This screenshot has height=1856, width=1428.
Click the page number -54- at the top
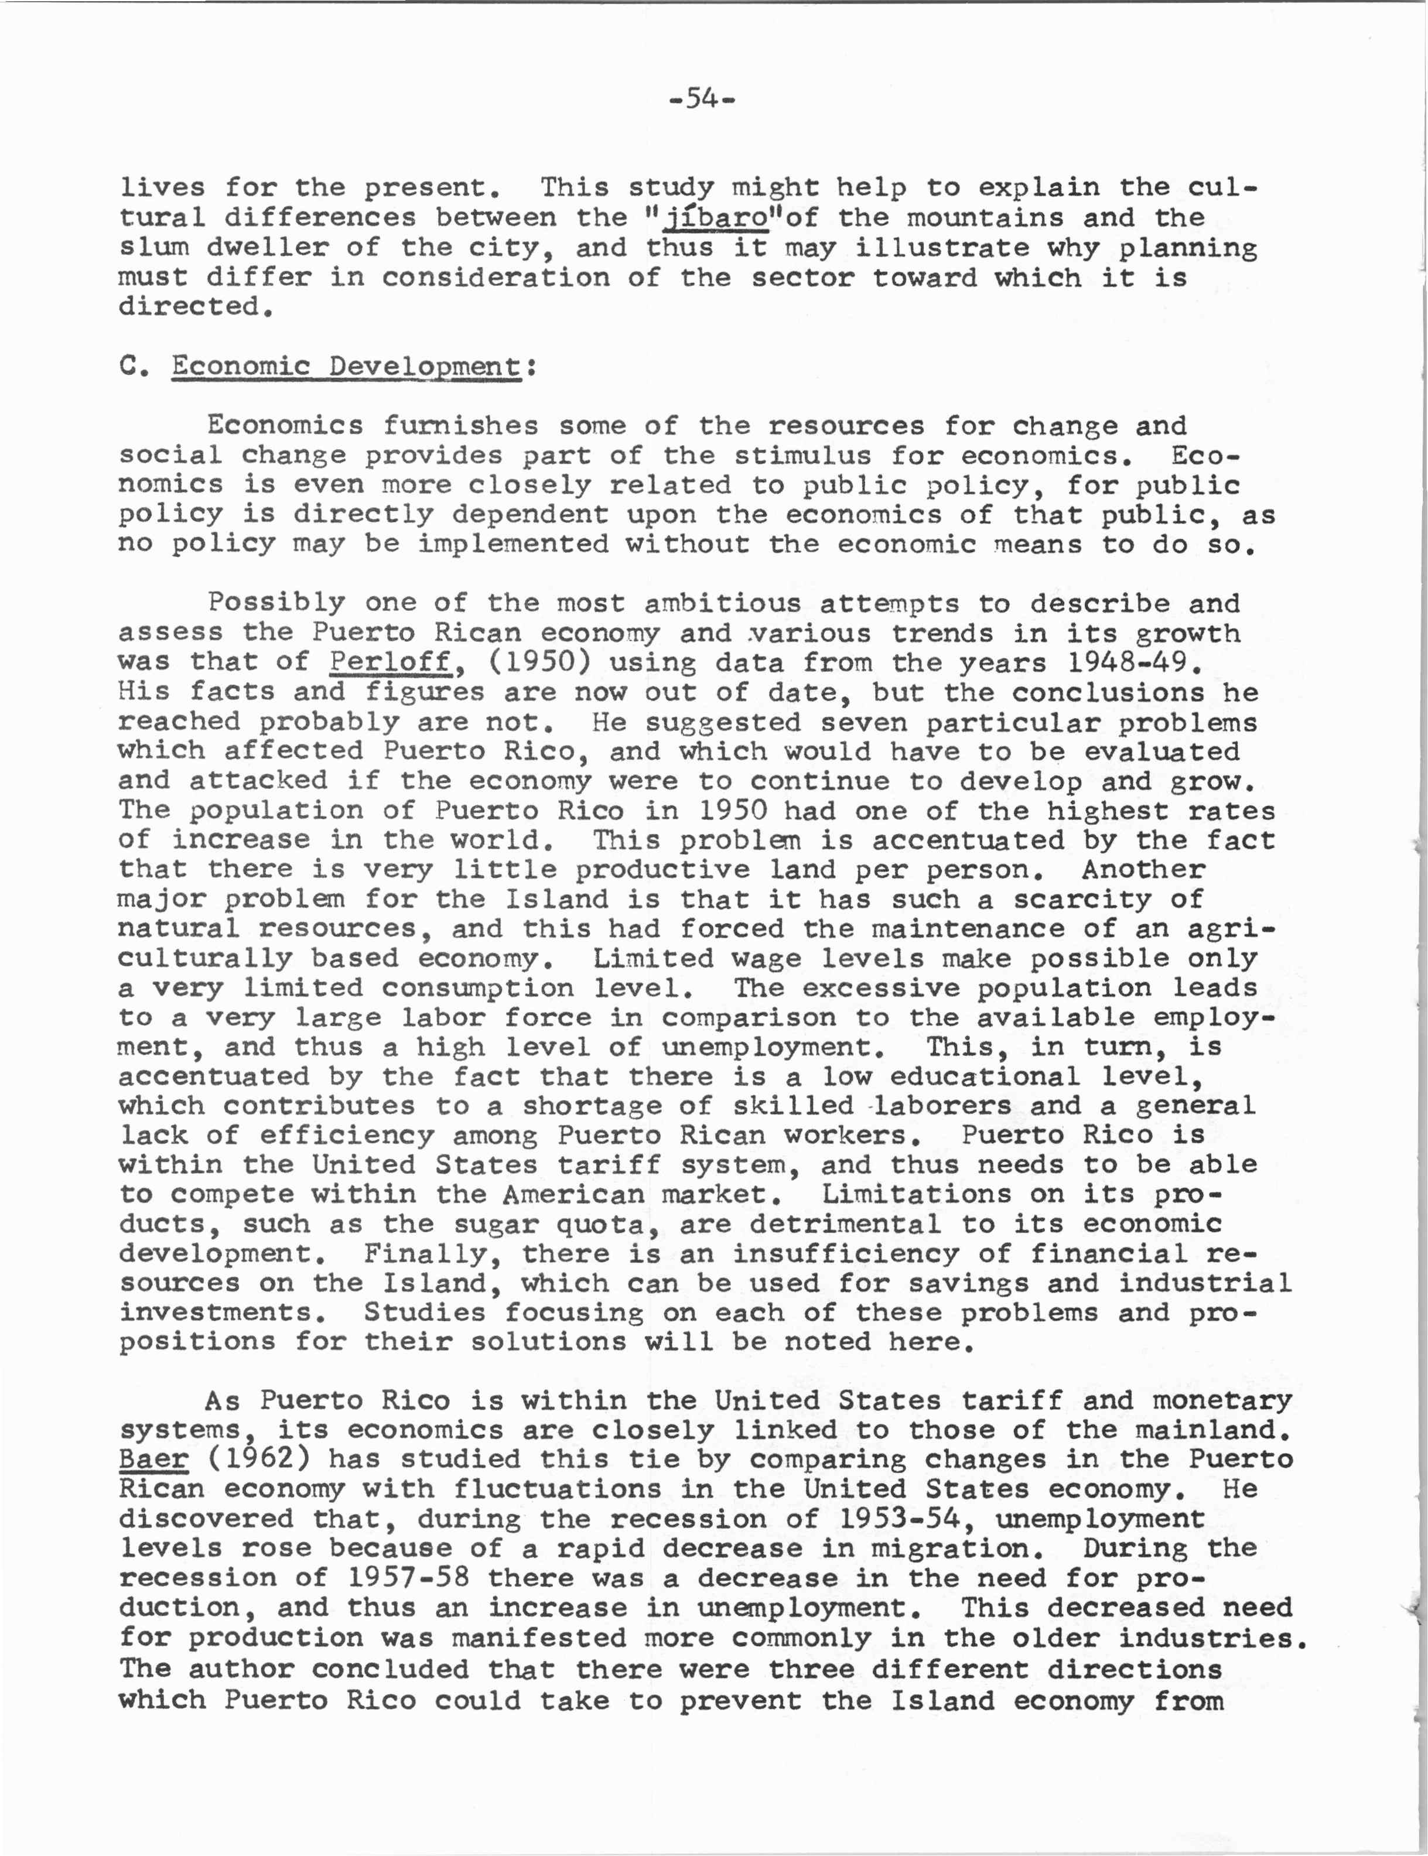(702, 100)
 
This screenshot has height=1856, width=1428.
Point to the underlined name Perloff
(390, 662)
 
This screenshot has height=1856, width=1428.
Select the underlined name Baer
(153, 1459)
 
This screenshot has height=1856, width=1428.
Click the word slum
(153, 248)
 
